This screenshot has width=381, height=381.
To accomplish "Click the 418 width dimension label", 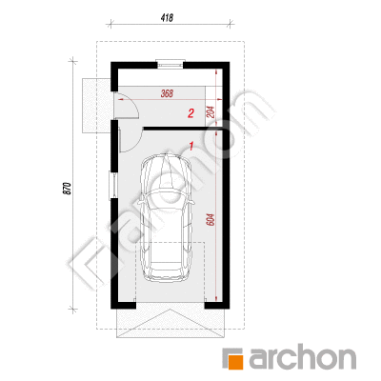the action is tap(167, 18).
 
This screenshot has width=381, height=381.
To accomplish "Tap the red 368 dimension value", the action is tap(167, 93).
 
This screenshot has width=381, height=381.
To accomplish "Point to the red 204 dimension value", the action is tap(211, 111).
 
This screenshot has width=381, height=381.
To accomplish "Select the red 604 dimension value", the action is tap(211, 220).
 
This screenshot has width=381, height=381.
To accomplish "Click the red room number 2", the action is tap(190, 113).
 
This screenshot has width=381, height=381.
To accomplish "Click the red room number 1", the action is tap(191, 146).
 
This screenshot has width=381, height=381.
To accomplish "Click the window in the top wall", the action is tap(170, 64).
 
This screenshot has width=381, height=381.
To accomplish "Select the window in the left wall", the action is tap(113, 185).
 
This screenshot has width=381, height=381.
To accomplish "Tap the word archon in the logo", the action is tap(302, 357).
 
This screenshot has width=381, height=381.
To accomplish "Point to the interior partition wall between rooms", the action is tap(185, 129).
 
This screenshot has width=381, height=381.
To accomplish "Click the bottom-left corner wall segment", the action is tap(123, 305).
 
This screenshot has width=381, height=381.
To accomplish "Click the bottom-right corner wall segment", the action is tap(217, 305).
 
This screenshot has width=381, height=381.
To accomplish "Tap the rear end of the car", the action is tap(166, 275).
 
